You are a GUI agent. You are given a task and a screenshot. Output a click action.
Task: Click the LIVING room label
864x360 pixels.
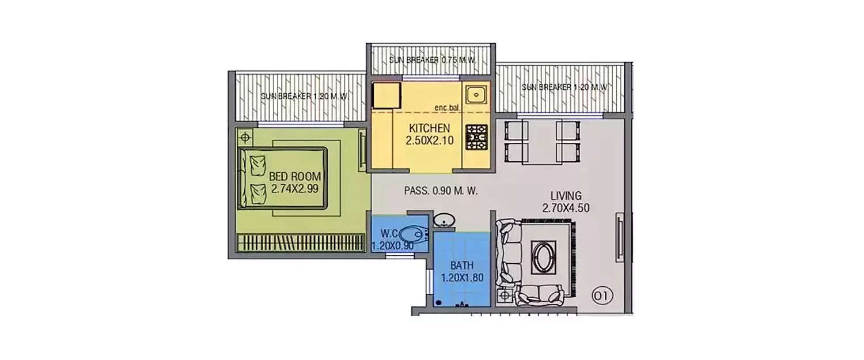[566, 196]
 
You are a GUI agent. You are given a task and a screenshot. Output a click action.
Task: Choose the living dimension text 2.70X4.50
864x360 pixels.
[566, 208]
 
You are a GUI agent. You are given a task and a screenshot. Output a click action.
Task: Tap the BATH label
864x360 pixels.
[462, 266]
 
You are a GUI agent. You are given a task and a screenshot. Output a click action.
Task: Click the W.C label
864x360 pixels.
[387, 234]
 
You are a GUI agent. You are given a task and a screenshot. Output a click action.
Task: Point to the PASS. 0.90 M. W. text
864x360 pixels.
[441, 191]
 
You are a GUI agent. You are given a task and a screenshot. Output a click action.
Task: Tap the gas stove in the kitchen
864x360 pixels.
[476, 137]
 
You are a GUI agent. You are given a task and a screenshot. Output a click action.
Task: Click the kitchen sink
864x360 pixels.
[476, 94]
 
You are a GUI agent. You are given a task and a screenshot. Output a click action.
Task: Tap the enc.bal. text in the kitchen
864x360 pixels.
[448, 108]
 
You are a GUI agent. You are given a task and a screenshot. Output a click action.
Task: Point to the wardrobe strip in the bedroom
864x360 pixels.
[301, 242]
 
